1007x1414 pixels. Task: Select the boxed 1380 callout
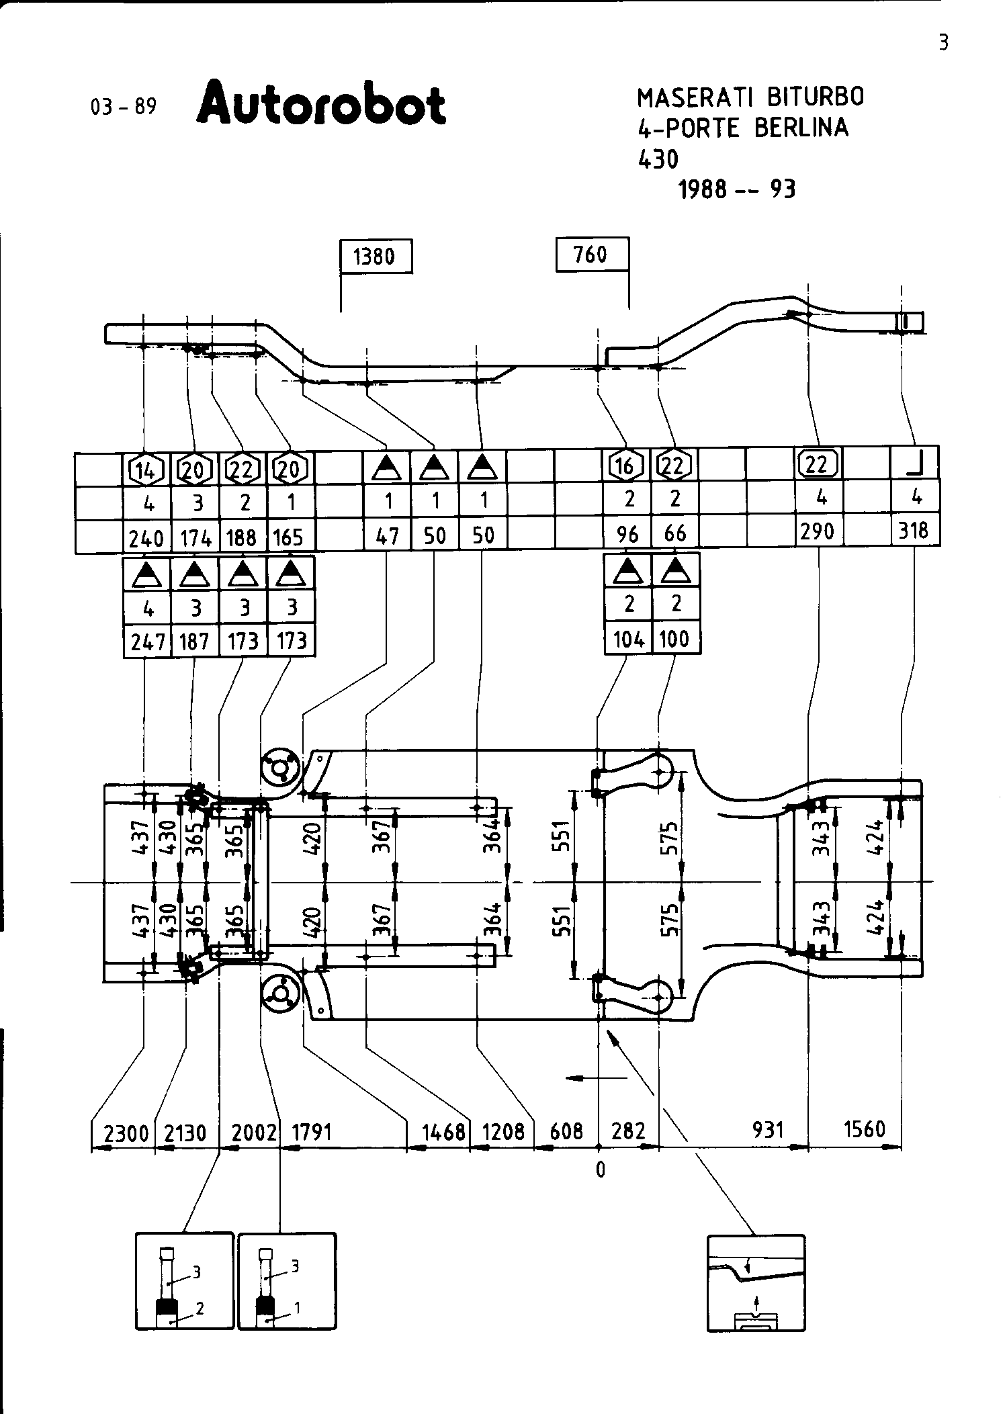click(x=376, y=257)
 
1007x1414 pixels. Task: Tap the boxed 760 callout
click(x=592, y=255)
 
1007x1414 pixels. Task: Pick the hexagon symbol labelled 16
click(x=625, y=465)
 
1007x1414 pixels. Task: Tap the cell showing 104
click(x=629, y=638)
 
